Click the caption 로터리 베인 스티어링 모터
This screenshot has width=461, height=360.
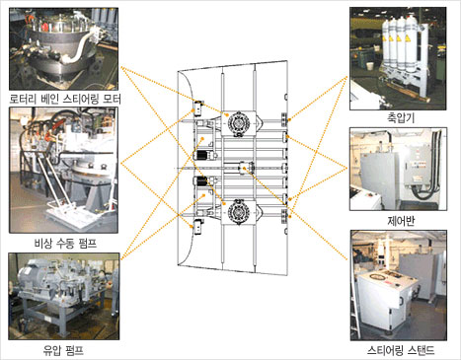pos(65,99)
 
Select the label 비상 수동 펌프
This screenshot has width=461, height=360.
pos(65,244)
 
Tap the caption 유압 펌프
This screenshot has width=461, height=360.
pos(63,350)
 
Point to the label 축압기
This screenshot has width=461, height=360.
pos(401,118)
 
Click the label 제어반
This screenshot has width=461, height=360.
pos(401,221)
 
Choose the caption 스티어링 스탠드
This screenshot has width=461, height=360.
pos(401,350)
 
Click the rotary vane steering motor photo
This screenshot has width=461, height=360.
pos(63,48)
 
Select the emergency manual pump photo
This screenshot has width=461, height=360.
pos(63,170)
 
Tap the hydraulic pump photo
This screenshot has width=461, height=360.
pos(64,296)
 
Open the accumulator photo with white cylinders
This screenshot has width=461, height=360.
pos(398,58)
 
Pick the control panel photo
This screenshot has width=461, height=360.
pos(398,169)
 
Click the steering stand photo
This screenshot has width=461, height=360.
pos(399,285)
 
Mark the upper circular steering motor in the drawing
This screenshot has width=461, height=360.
pos(239,123)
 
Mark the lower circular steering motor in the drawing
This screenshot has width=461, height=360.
pos(239,211)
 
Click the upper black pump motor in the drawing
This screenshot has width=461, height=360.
pos(201,156)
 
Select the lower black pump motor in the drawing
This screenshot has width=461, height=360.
pos(201,181)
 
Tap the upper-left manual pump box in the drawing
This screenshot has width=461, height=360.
pos(198,108)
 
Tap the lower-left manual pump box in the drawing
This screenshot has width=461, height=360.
pos(198,227)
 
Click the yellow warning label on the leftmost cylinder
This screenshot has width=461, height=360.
pos(384,39)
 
